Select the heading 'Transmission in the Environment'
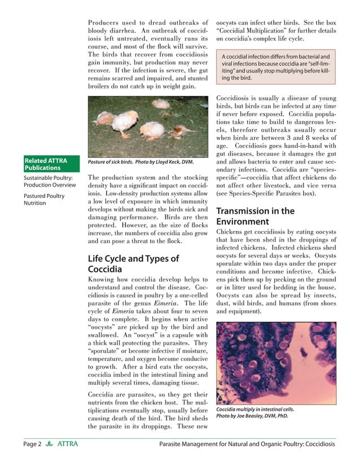[x=255, y=217]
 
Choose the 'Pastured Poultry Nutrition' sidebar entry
[x=44, y=199]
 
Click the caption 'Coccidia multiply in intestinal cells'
[x=255, y=409]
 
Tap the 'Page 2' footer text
[x=32, y=444]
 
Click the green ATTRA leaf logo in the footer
[x=50, y=444]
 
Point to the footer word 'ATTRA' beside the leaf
[x=68, y=444]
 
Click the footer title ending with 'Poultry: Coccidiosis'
[x=248, y=444]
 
